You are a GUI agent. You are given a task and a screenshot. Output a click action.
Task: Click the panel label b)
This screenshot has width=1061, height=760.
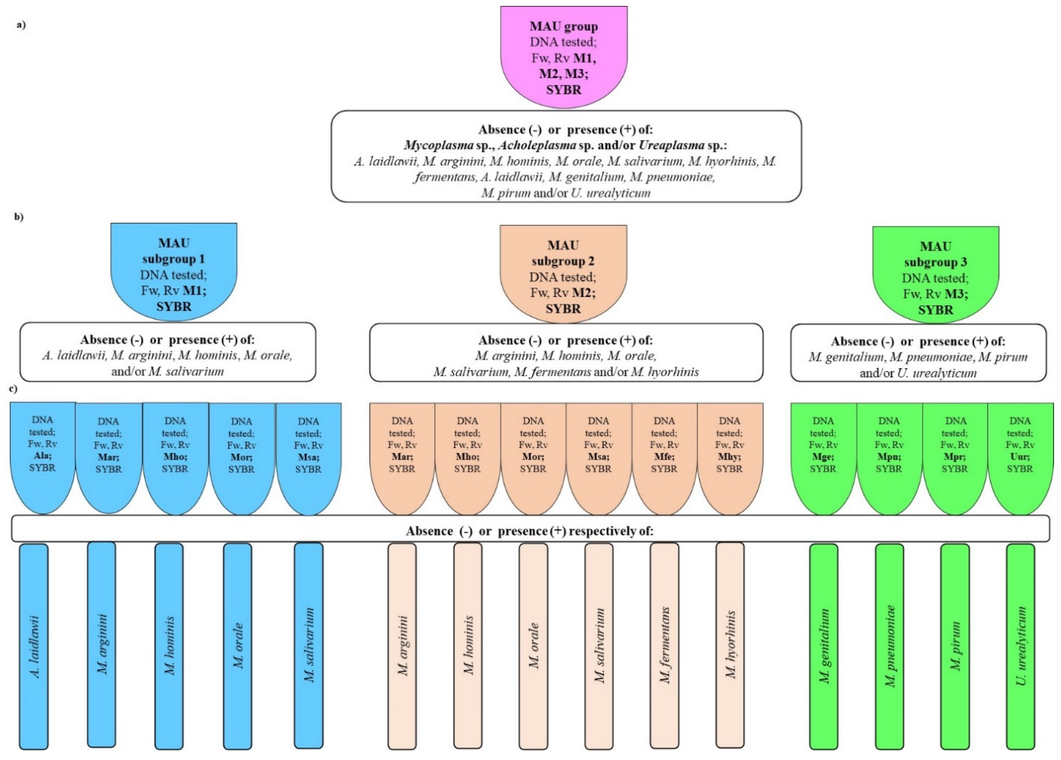point(19,217)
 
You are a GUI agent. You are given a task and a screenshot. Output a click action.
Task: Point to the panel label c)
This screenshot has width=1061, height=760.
point(15,388)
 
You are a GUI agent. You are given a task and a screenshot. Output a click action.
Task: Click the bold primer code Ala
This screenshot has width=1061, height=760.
point(42,456)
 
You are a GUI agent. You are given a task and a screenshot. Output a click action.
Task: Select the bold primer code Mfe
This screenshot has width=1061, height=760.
point(663,457)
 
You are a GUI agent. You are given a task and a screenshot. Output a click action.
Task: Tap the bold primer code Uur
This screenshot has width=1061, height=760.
point(1020,457)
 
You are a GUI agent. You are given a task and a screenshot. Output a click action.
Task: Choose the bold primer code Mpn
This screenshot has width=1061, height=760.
point(888,457)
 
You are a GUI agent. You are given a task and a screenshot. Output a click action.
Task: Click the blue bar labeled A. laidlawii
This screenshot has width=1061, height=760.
point(34,645)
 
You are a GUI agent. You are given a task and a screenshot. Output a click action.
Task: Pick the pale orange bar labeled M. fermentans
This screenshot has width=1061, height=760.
point(664,645)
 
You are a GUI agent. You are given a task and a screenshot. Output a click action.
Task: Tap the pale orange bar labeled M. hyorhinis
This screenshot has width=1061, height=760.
point(730,645)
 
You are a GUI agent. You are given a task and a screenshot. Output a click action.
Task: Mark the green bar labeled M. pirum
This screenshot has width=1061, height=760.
point(955,645)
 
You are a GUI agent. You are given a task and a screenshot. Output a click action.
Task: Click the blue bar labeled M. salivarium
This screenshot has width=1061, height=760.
point(308,645)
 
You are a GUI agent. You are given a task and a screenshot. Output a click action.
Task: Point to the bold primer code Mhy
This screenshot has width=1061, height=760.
point(729,457)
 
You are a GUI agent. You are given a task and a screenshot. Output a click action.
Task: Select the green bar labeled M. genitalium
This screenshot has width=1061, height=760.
point(824,645)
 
